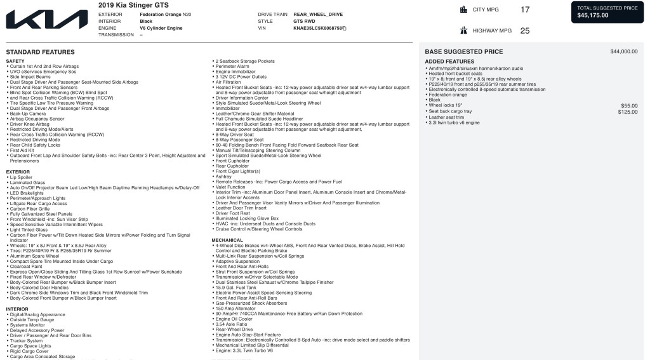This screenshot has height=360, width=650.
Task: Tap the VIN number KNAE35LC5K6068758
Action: pos(317,29)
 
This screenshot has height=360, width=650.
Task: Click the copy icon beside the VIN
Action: pos(345,29)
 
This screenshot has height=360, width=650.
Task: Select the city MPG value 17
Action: pos(524,10)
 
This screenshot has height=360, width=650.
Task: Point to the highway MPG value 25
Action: pos(524,30)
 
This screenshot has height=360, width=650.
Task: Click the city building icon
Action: pos(463,10)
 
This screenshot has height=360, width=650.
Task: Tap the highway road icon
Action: pos(463,30)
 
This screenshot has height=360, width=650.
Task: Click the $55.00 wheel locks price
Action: pos(629,105)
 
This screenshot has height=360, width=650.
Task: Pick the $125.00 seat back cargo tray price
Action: pos(628,111)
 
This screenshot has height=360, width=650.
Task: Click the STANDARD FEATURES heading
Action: pos(40,52)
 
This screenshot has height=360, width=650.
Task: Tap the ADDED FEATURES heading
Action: pos(449,62)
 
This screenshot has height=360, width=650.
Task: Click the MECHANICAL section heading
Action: pos(227,240)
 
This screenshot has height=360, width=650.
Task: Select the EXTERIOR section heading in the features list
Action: pos(18,171)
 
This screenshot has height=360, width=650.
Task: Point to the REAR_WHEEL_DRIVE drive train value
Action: pos(317,13)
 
